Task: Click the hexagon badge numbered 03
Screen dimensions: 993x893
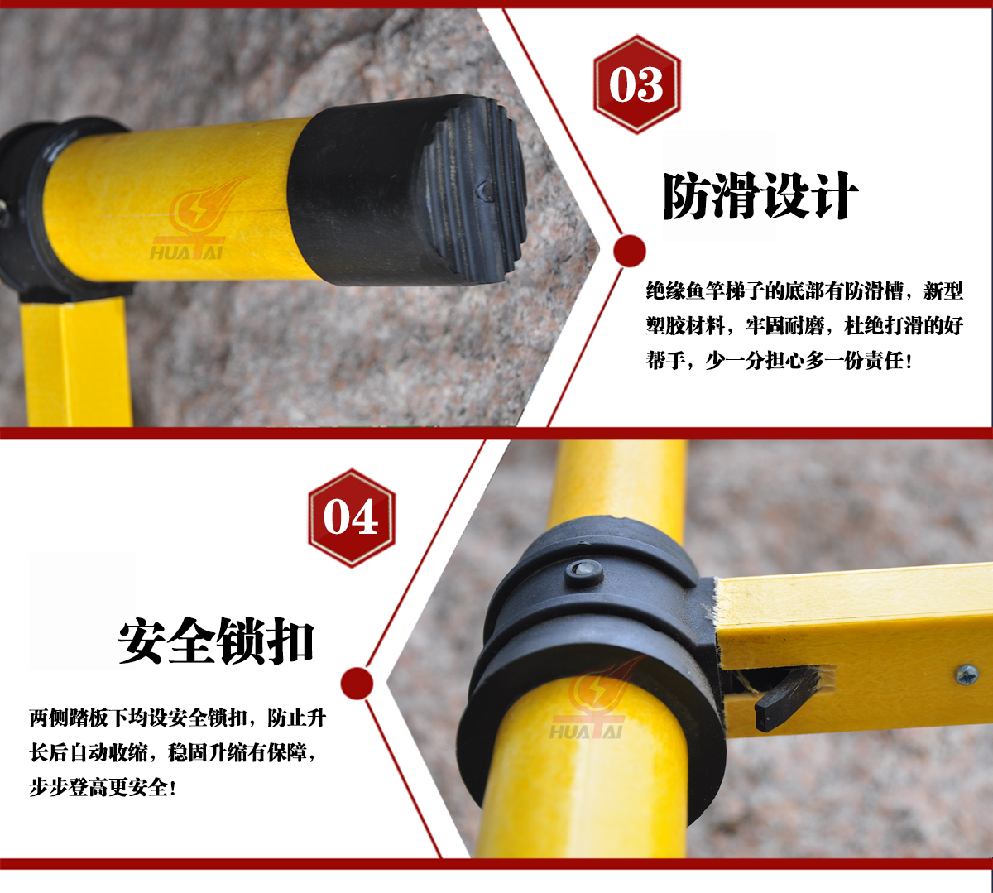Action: tap(636, 84)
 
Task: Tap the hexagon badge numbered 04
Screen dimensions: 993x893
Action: tap(352, 517)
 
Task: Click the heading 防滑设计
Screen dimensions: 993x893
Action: tap(760, 196)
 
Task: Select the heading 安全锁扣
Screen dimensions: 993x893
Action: tap(216, 640)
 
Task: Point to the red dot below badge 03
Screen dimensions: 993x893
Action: tap(630, 251)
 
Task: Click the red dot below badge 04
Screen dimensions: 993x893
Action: tap(357, 684)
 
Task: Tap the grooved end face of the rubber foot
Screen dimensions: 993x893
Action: tap(473, 190)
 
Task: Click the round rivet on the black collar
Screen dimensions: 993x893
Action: tap(584, 574)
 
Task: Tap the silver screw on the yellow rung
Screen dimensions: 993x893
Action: tap(966, 675)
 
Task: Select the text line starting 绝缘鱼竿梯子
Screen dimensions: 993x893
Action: tap(804, 291)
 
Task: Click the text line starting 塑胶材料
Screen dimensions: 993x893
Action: tap(804, 326)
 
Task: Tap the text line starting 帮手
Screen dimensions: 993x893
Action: tap(779, 361)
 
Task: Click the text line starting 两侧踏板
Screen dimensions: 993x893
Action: tap(177, 718)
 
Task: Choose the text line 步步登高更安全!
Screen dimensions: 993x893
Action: tap(103, 788)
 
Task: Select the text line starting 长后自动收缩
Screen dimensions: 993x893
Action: tap(172, 753)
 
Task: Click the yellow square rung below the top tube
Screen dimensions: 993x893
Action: tap(77, 364)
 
